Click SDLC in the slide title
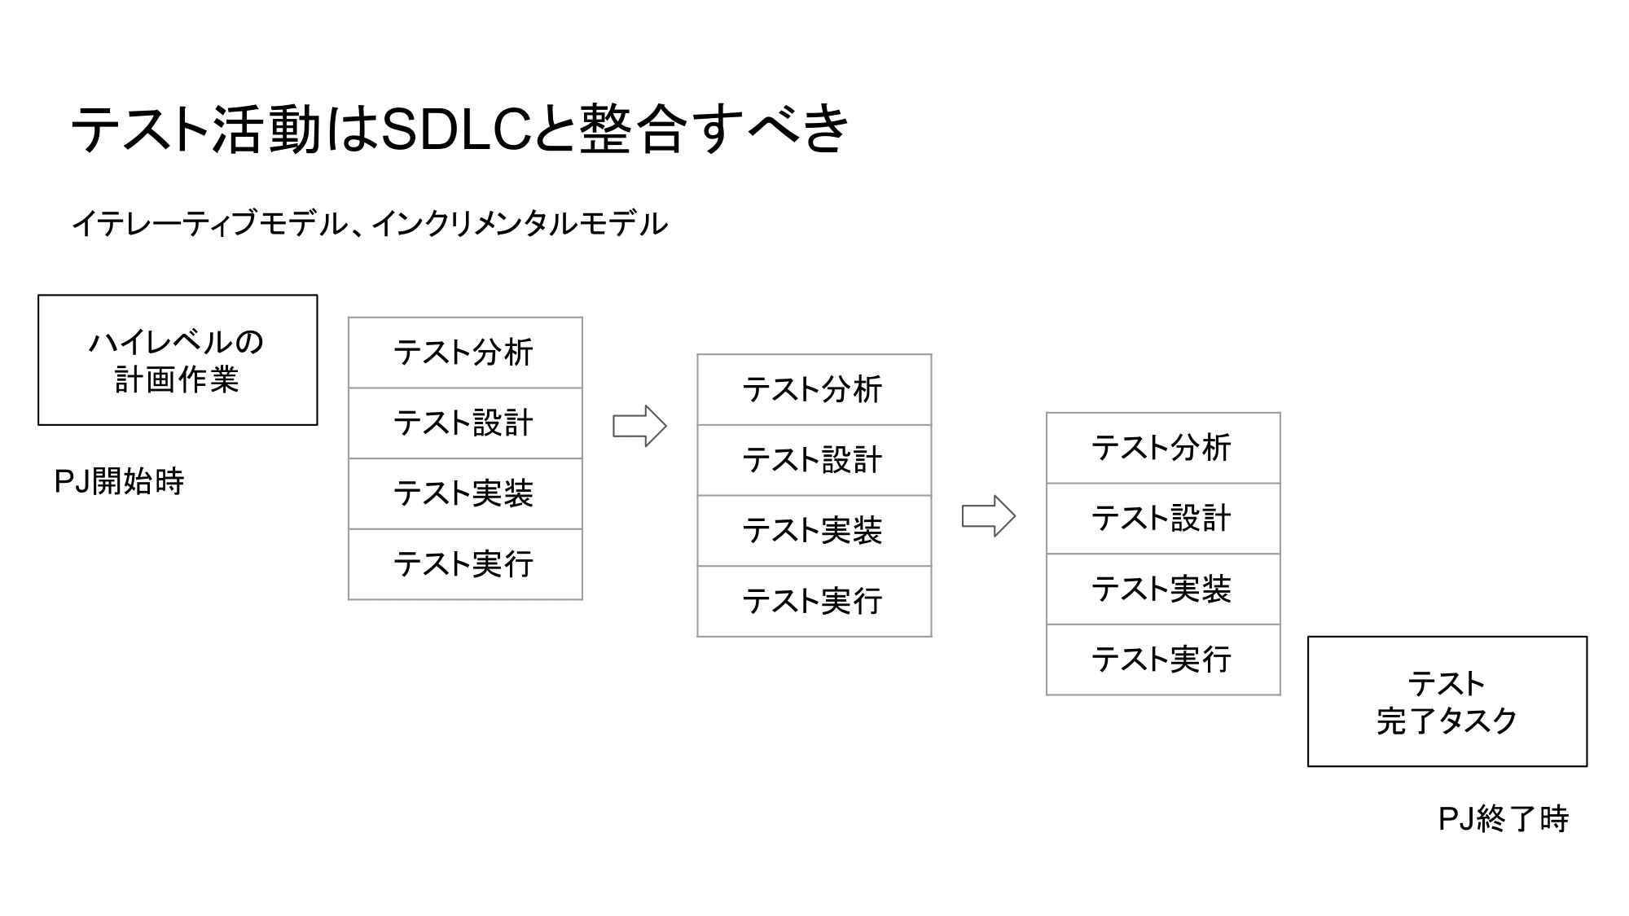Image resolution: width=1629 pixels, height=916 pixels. point(456,129)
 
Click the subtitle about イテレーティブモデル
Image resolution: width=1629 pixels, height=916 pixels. point(370,223)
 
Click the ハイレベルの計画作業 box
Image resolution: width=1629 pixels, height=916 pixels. point(178,360)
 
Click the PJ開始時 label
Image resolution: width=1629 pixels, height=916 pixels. point(119,482)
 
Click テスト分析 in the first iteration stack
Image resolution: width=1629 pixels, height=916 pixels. point(465,353)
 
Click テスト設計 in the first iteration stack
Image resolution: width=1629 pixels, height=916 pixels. point(465,423)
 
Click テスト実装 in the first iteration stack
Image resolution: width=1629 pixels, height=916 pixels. point(465,493)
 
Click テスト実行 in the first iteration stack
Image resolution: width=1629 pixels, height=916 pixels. point(465,564)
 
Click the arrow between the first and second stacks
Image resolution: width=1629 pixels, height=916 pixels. point(639,426)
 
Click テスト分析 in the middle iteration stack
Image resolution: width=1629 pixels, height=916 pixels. point(814,389)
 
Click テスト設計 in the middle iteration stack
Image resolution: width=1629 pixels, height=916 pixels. point(814,460)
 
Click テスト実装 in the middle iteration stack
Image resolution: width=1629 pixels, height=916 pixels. point(814,531)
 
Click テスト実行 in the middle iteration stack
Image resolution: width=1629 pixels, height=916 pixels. point(814,602)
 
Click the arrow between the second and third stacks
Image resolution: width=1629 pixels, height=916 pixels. point(988,516)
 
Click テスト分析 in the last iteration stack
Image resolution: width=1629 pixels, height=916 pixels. point(1162,448)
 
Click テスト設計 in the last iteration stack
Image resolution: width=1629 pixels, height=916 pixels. point(1162,519)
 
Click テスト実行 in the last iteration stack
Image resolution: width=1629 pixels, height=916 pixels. point(1162,660)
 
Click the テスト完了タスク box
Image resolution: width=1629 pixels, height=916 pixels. point(1447,701)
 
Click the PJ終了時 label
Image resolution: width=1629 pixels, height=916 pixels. point(1503,819)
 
